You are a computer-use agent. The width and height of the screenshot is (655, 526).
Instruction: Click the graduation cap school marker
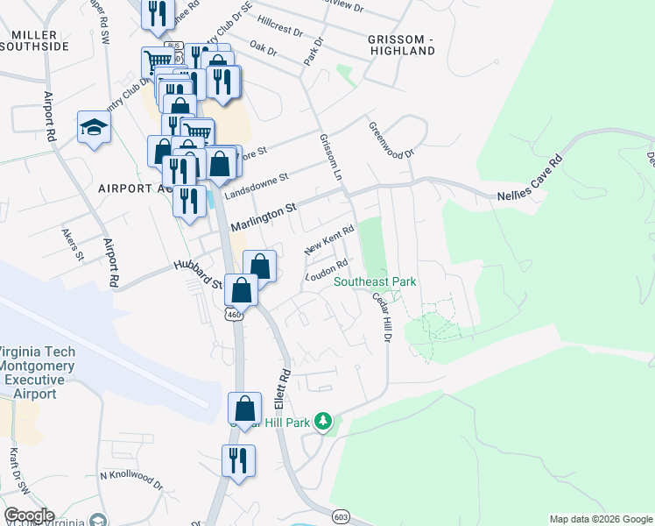(94, 128)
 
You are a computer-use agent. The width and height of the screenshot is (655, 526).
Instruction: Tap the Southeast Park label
(374, 281)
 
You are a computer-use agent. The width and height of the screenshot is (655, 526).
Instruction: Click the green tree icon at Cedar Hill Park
(324, 422)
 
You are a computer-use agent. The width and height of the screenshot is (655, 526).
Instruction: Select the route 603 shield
(341, 518)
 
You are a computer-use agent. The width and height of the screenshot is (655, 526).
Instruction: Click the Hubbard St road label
(198, 273)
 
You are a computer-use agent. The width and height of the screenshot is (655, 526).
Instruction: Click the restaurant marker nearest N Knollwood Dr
(238, 460)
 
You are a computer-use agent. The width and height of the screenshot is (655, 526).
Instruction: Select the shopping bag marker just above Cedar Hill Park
(244, 408)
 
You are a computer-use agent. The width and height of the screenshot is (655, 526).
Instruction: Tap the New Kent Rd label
(328, 240)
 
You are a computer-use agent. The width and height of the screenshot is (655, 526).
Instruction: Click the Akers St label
(72, 245)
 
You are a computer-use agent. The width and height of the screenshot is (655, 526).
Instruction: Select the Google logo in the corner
(29, 515)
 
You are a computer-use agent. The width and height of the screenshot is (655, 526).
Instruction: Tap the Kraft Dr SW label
(14, 469)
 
